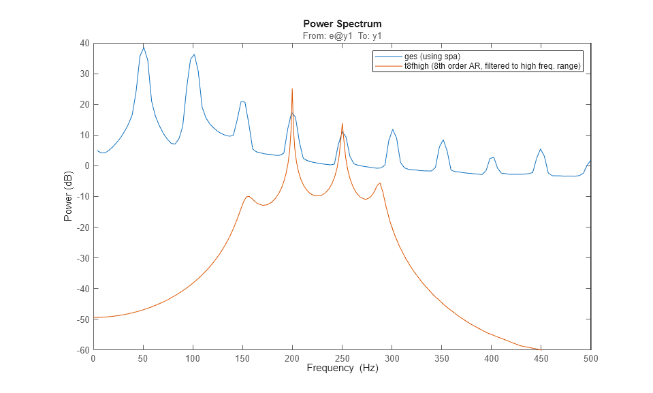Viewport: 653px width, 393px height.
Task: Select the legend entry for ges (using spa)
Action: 432,56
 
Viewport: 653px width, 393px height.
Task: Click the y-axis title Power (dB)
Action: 68,196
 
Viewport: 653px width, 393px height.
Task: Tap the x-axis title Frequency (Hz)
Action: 342,368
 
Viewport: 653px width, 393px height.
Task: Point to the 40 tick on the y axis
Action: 84,43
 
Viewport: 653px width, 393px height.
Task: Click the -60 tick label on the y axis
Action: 82,350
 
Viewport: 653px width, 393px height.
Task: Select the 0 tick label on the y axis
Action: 86,166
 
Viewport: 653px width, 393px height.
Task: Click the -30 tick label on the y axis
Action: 82,258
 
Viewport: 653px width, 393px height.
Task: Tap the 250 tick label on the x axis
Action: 342,359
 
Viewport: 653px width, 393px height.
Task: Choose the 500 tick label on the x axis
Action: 591,359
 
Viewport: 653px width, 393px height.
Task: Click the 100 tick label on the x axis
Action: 193,359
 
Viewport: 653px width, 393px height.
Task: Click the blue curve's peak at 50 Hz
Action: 143,47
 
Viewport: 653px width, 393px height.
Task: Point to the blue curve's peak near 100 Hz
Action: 194,54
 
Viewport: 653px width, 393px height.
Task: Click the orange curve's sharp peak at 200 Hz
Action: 292,89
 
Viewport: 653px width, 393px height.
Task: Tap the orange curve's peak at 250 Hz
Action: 342,123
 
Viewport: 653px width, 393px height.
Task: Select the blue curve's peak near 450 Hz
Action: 541,149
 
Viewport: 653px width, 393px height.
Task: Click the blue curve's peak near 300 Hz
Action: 392,129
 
